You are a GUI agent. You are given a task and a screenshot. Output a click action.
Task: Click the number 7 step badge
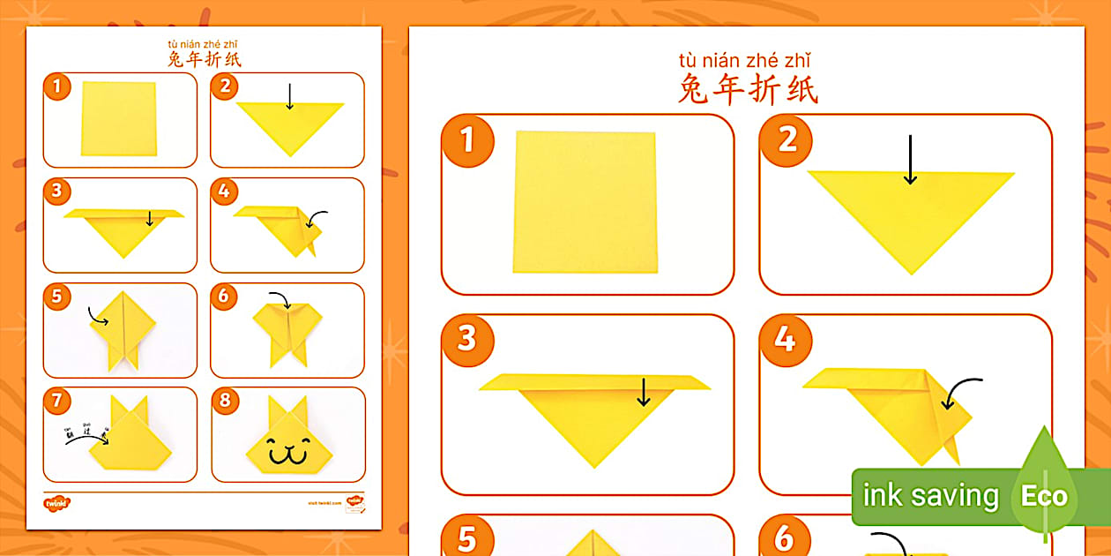point(56,401)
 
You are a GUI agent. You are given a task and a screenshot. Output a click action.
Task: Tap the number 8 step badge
point(224,401)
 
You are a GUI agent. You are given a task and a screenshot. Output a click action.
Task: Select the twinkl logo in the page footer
point(56,502)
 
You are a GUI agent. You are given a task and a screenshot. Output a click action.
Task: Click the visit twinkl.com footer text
point(324,502)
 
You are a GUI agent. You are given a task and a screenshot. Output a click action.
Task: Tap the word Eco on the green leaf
point(1044,496)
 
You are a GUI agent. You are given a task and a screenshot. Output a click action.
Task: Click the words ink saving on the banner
point(930,496)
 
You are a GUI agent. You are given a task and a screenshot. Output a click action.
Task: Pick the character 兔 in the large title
point(694,89)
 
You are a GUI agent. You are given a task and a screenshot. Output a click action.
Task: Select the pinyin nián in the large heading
point(727,61)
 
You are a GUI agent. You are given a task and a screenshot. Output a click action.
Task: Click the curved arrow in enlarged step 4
point(961,393)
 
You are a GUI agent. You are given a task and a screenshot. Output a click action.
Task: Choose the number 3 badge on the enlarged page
point(466,339)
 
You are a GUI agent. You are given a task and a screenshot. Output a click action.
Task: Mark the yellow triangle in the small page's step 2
point(290,124)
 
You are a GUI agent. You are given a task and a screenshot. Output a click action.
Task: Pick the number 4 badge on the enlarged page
point(785,339)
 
